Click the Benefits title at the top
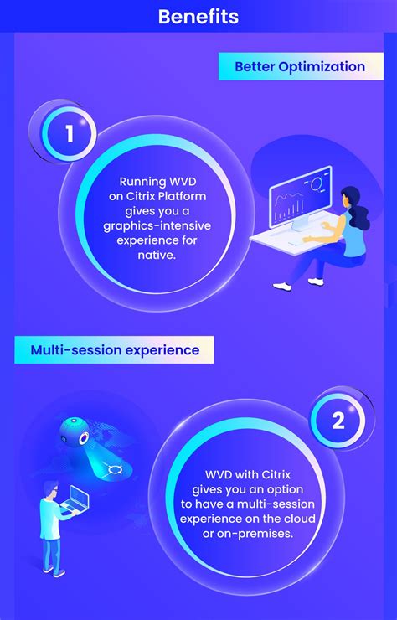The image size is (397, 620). click(x=198, y=16)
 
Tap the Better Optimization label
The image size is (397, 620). click(x=300, y=66)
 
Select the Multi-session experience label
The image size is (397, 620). click(x=115, y=349)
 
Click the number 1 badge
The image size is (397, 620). click(x=69, y=134)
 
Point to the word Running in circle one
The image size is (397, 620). click(x=143, y=181)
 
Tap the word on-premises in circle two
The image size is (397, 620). click(x=257, y=533)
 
